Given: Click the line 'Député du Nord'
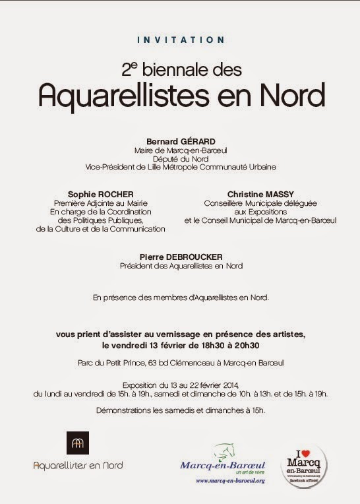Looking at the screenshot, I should point(180,158).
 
